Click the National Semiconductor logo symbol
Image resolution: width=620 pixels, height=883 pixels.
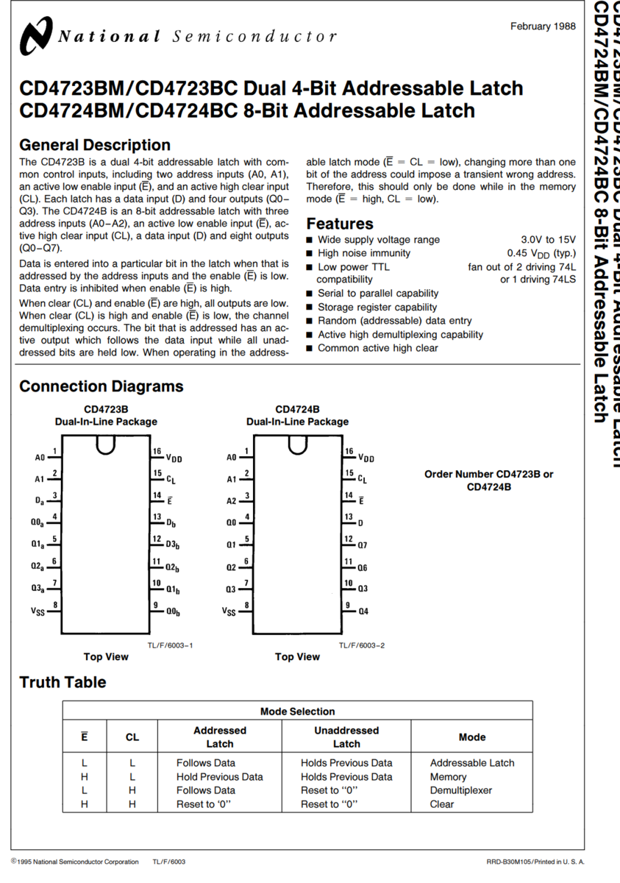(35, 36)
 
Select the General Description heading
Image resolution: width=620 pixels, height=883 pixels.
(94, 145)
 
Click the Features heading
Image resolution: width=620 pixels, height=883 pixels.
(339, 224)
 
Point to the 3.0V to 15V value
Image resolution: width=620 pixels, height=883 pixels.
(548, 240)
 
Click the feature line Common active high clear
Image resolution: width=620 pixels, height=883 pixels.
(377, 348)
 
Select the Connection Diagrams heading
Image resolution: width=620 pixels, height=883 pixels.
(101, 386)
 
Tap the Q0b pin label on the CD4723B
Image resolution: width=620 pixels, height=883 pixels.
(173, 611)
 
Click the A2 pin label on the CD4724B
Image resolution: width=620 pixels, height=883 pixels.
(231, 501)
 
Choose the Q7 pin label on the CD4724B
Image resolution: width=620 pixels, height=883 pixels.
(363, 545)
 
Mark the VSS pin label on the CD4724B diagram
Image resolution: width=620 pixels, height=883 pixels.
(229, 611)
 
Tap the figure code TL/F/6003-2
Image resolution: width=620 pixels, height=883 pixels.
(362, 645)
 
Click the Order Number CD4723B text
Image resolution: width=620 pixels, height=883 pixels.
(488, 475)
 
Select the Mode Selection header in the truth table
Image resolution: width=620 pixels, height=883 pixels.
(297, 712)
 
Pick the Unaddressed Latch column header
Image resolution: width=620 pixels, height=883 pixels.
(346, 737)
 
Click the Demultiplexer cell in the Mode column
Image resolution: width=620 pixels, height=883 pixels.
(461, 790)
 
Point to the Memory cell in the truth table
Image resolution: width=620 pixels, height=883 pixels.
(448, 776)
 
